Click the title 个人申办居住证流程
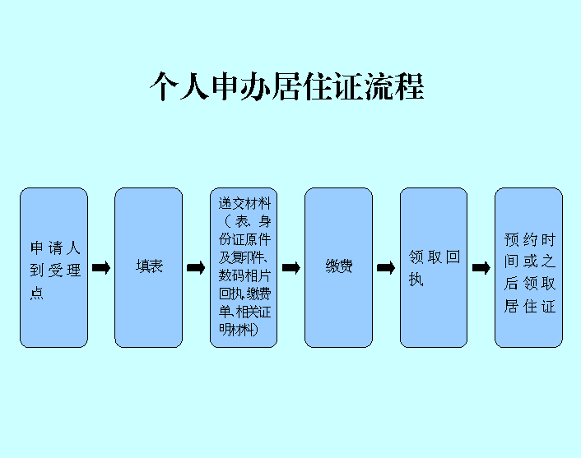coord(286,86)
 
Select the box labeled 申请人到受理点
coord(53,267)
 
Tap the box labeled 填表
coord(148,267)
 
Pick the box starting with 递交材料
coord(244,267)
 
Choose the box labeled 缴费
coord(338,267)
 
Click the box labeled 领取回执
coord(434,267)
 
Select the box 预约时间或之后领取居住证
coord(528,267)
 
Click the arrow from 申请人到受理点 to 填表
coord(101,267)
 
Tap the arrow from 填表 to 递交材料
coord(196,267)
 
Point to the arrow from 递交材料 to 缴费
coord(291,267)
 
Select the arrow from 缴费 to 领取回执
coord(386,267)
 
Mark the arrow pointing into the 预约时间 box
coord(481,267)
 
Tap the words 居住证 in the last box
coord(530,307)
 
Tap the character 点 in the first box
coord(37,294)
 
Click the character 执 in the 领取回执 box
coord(416,280)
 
